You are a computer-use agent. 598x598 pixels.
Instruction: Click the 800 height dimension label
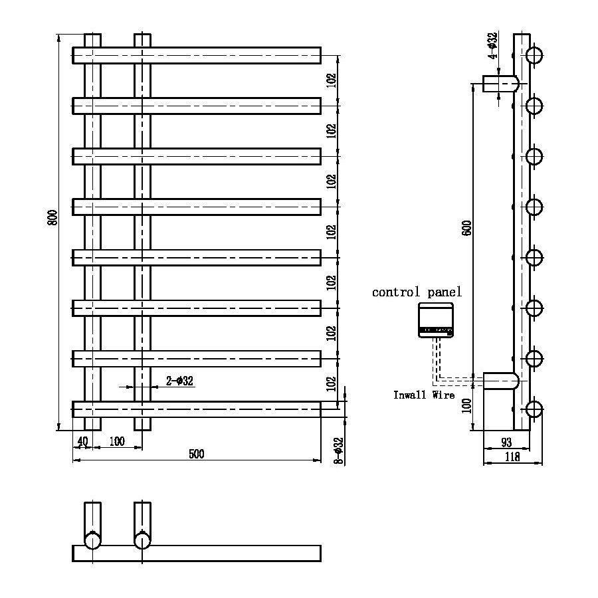(52, 217)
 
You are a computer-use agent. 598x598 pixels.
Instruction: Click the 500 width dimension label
(197, 454)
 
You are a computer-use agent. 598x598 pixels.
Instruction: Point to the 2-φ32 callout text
(179, 381)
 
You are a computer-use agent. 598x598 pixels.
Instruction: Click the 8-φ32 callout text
(338, 450)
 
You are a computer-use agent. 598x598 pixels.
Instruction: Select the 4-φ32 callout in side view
(492, 46)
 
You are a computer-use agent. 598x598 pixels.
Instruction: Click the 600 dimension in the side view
(467, 228)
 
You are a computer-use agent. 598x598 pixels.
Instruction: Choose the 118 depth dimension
(512, 456)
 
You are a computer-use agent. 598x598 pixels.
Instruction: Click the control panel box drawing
(436, 320)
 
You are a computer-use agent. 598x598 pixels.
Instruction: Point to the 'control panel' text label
(417, 292)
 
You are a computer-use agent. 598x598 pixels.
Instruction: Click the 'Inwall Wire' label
(424, 395)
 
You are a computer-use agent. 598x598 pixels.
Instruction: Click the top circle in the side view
(534, 54)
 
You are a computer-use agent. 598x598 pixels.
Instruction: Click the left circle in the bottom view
(92, 540)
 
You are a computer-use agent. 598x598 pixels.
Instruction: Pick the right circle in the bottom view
(142, 540)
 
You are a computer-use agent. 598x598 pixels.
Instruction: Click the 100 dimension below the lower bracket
(467, 405)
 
